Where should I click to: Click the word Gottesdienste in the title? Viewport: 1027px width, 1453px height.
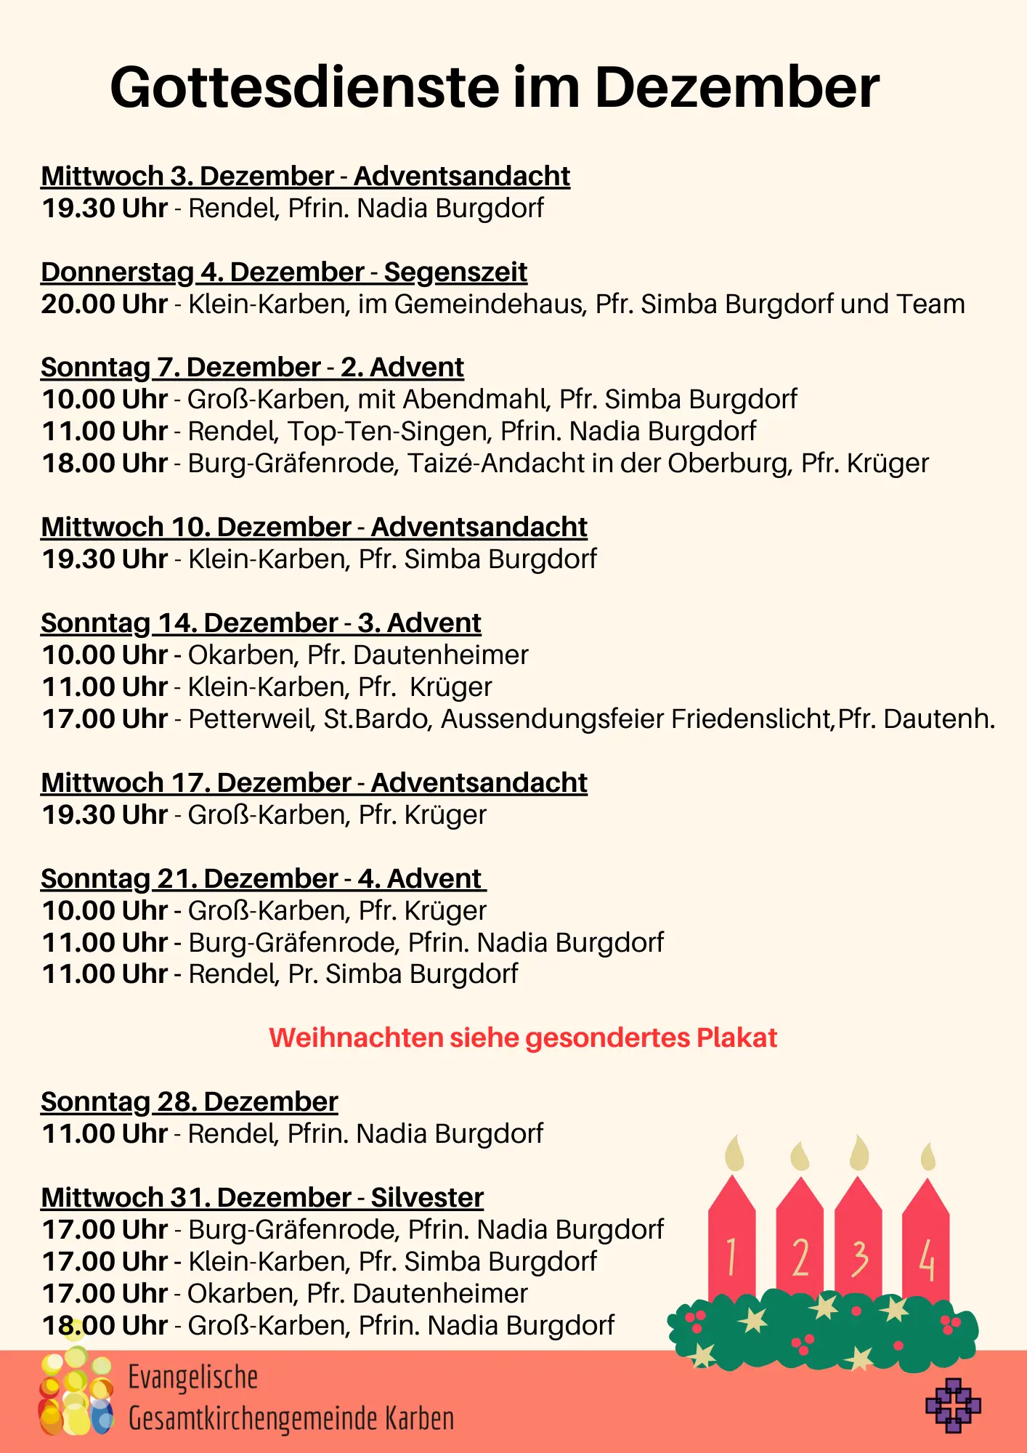pos(305,88)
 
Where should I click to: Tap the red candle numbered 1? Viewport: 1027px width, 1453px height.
pos(731,1250)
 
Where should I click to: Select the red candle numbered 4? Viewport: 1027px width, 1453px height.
pos(926,1250)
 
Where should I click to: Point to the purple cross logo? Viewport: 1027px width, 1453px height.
pos(953,1405)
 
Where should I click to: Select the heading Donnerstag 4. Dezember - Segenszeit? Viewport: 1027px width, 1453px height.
pos(284,272)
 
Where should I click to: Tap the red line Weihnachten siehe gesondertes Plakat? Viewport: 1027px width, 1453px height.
pos(523,1037)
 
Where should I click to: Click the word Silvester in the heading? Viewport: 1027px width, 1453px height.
pos(427,1197)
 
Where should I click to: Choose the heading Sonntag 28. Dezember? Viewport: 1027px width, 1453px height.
pos(190,1101)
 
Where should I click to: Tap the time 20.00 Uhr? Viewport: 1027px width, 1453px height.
pos(105,304)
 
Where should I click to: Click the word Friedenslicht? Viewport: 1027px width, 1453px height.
pos(751,719)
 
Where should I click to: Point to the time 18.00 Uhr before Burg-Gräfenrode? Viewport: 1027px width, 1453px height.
pos(105,463)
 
